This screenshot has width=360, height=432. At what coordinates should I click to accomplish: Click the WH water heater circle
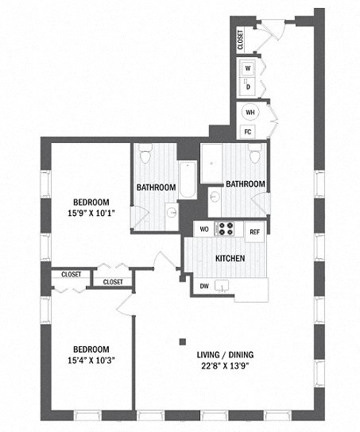250,113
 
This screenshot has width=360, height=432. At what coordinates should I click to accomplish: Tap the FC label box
249,131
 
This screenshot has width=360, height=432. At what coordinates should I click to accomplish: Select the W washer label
248,68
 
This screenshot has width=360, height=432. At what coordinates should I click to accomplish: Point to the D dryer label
248,86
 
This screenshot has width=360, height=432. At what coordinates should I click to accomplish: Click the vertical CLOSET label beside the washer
240,40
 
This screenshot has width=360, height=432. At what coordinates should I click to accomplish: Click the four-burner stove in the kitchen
226,229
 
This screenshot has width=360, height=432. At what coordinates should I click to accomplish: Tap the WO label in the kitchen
203,230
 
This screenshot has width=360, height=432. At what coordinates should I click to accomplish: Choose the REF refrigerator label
254,232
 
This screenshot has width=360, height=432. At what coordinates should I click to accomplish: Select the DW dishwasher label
204,286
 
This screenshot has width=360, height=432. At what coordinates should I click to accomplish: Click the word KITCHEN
230,259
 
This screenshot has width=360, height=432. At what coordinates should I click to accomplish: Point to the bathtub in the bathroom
184,179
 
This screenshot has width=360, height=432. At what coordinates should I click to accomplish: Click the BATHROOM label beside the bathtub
156,187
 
